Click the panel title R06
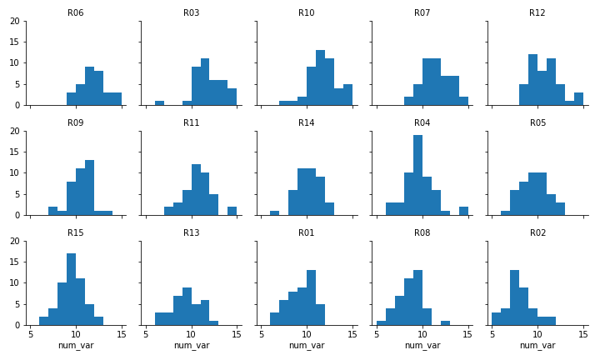(75, 13)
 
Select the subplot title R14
(307, 123)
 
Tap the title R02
(537, 233)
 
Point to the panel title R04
(422, 123)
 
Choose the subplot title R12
(537, 13)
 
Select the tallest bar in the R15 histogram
(71, 289)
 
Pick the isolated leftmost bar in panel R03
(159, 103)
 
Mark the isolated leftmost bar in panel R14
(274, 213)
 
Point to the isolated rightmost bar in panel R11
(232, 211)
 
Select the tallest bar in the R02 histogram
(514, 297)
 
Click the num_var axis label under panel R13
(191, 346)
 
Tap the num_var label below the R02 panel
(537, 346)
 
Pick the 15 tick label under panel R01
(352, 335)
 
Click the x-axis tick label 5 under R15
(31, 335)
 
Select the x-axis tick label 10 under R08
(422, 335)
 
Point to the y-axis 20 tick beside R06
(16, 21)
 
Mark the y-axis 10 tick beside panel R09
(16, 172)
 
